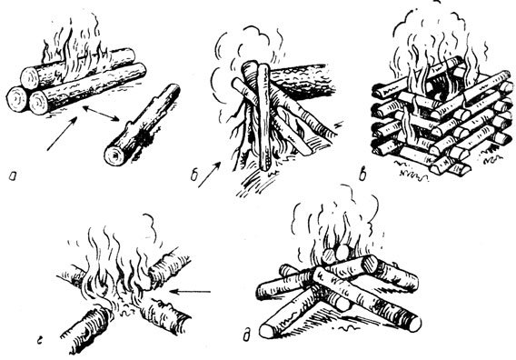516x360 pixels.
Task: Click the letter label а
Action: (x=13, y=177)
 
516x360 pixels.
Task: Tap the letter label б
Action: (x=194, y=175)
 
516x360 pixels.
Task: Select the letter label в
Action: (x=362, y=175)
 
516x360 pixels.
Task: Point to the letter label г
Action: (x=39, y=342)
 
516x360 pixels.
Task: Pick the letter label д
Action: (x=246, y=336)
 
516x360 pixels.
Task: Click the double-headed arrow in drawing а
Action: (x=101, y=114)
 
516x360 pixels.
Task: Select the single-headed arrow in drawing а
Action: (x=62, y=134)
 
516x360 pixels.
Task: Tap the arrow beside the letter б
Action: (x=209, y=175)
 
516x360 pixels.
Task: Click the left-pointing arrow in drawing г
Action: (x=191, y=292)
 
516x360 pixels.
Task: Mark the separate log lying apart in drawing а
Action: (x=142, y=125)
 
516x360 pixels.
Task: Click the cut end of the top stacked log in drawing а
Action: (x=30, y=78)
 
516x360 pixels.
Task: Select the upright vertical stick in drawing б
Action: (x=264, y=117)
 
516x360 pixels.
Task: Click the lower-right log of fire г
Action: (x=164, y=315)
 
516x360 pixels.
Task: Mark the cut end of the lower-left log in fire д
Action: (x=268, y=331)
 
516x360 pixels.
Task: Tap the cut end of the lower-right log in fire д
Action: (x=414, y=323)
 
